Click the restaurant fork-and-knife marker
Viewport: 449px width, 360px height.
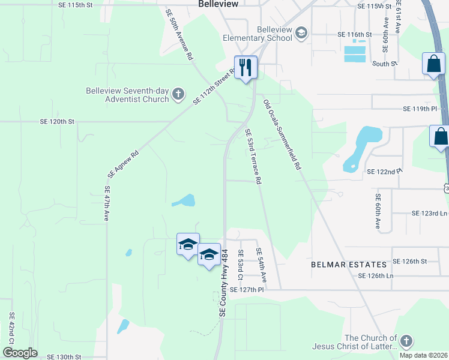pos(246,67)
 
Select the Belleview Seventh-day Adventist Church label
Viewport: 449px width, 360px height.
pos(127,95)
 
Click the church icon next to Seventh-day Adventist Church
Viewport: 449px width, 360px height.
pos(178,94)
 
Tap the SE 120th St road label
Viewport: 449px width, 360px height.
pos(57,121)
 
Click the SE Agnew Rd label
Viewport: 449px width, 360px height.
pos(123,164)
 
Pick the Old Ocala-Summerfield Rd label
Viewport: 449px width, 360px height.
pos(282,134)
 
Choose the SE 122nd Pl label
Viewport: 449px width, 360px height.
pos(385,172)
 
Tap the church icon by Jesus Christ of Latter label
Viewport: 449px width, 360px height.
pos(406,341)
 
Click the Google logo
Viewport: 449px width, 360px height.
pos(20,353)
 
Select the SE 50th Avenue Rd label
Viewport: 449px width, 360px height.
pos(179,34)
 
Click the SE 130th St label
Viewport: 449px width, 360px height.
pos(64,356)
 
